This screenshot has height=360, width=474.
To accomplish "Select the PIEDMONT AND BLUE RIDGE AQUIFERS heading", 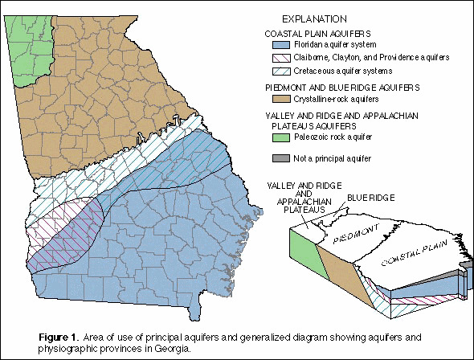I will click(330, 85).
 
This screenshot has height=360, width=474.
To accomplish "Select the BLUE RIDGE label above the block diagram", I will click(366, 197).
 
